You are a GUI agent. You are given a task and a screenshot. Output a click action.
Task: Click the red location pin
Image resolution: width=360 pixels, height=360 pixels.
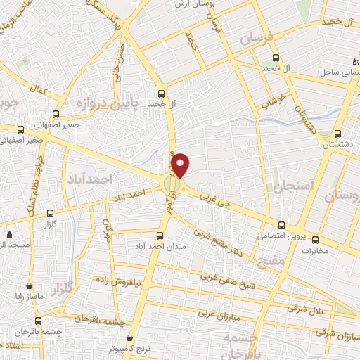(x=181, y=164)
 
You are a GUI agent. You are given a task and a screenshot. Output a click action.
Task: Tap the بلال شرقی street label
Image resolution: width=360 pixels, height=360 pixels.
(x=307, y=307)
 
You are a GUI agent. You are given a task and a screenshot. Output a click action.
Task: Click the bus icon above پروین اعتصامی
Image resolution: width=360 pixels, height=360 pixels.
(x=281, y=226)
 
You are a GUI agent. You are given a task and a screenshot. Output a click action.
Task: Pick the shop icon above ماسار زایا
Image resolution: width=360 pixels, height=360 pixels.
(x=29, y=287)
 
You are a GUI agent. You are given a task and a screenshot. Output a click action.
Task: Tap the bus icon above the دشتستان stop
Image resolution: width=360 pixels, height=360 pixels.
(x=339, y=133)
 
